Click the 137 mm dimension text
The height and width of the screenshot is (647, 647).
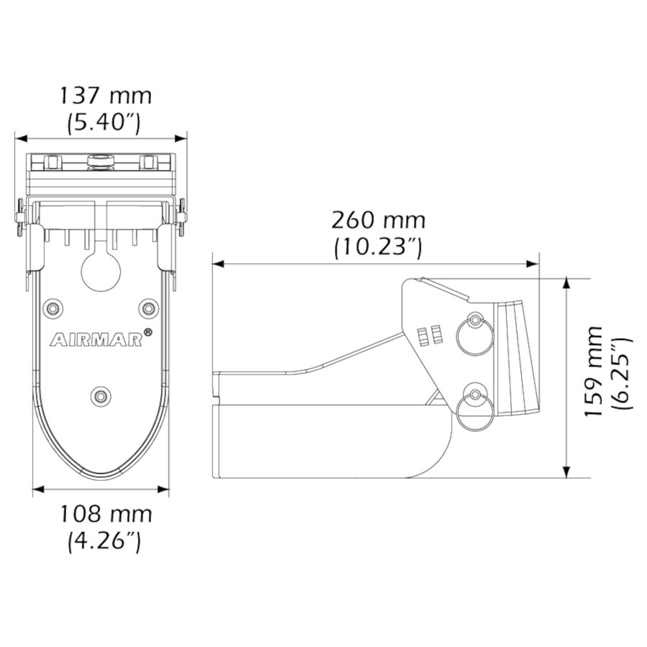point(105,95)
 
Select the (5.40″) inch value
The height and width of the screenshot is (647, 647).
point(104,122)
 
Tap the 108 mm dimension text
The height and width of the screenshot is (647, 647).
point(105,514)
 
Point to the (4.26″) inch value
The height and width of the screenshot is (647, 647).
point(104,541)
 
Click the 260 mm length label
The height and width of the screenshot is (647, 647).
point(378,219)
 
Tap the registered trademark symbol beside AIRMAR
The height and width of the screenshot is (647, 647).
point(148,332)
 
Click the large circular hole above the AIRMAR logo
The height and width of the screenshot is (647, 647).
point(101,271)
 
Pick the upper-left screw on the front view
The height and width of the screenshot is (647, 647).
point(52,308)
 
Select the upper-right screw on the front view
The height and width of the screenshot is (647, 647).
point(149,308)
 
